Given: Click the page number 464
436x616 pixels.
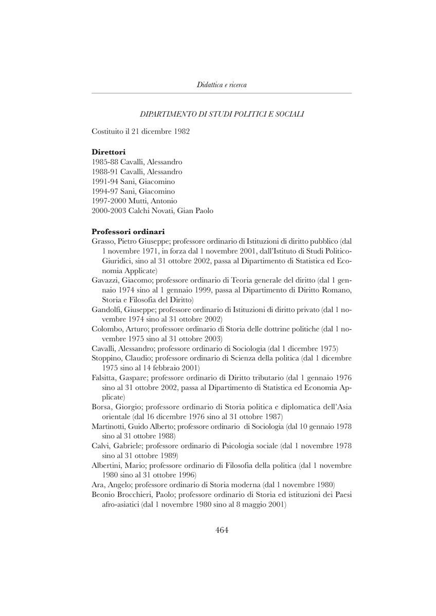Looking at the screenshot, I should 222,530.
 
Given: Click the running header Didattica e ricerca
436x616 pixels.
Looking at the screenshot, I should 222,84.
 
